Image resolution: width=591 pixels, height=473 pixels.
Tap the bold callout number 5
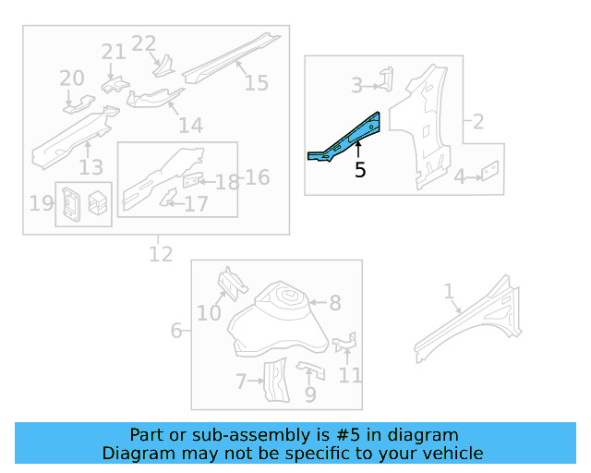360,170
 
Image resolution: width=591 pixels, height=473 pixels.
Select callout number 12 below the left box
161,252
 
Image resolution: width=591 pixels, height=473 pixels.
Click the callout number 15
256,83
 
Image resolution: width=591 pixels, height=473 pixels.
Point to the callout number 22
144,43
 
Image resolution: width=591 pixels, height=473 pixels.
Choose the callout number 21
114,53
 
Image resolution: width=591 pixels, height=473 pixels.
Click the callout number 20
72,79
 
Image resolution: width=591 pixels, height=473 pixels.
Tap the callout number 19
42,202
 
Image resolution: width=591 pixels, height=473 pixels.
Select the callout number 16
258,176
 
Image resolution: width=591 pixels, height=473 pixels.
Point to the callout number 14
190,126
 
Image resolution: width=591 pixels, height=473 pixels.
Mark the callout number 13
90,166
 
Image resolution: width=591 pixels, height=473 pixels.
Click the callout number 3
356,87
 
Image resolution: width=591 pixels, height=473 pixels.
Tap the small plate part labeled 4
491,170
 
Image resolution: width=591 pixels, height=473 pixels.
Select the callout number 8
335,302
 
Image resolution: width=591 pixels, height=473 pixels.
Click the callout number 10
209,313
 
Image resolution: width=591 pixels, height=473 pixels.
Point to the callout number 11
350,375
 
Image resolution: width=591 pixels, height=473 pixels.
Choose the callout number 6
176,330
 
